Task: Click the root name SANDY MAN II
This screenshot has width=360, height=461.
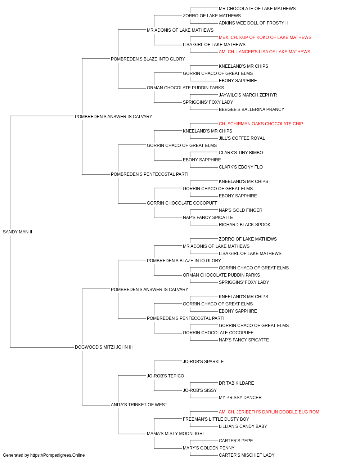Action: click(x=17, y=232)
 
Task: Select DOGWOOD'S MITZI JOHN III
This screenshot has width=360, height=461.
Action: click(x=104, y=347)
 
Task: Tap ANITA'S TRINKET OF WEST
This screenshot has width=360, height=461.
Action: click(x=139, y=405)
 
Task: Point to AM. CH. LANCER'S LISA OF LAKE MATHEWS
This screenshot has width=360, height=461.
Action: click(x=264, y=52)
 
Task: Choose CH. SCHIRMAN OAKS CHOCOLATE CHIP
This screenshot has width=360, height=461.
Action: click(x=261, y=124)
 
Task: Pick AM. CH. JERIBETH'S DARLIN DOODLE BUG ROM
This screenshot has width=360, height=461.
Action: click(x=269, y=412)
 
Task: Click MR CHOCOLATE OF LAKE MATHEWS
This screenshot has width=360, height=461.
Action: click(x=257, y=9)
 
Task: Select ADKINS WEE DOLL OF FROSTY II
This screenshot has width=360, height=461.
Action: click(x=253, y=23)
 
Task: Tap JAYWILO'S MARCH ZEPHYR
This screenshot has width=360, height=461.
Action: click(x=248, y=95)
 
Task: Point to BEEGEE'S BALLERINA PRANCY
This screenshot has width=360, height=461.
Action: click(x=251, y=109)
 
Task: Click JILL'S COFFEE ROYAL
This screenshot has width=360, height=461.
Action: click(x=242, y=138)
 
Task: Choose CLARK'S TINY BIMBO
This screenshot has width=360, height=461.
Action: click(x=241, y=153)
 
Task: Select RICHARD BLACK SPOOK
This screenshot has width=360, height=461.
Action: click(x=244, y=224)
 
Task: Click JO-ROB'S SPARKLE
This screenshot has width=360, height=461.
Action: click(x=203, y=362)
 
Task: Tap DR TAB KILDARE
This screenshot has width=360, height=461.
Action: click(x=237, y=383)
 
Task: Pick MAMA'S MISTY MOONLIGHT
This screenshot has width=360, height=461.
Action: click(x=176, y=434)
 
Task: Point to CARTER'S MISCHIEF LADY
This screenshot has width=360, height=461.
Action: click(x=247, y=455)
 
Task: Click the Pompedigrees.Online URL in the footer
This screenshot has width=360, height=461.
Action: click(x=58, y=455)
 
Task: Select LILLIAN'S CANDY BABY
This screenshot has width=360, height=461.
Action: click(x=243, y=426)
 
